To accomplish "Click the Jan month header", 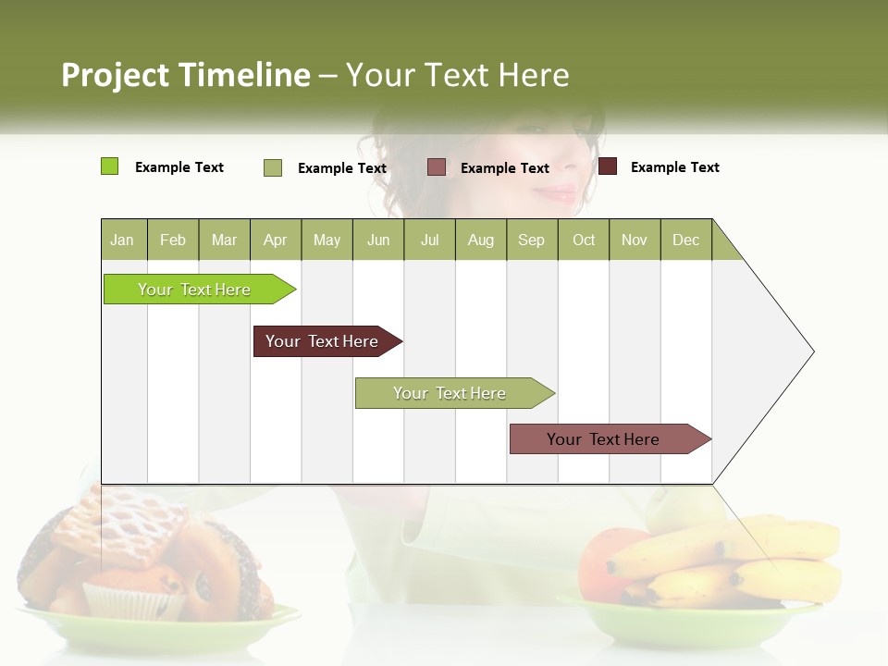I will point(122,240).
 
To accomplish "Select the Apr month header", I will point(275,240).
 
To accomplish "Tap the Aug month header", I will point(480,240).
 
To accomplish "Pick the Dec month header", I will point(685,240).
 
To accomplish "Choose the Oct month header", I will point(583,240).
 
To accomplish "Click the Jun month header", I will point(377,240).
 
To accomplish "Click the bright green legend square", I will point(109,166).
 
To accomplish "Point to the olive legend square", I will point(272,167).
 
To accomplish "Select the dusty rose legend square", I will point(436,166).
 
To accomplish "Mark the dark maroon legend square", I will point(607,166).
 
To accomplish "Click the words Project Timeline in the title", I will point(185,75).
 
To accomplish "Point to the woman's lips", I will point(558,193).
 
